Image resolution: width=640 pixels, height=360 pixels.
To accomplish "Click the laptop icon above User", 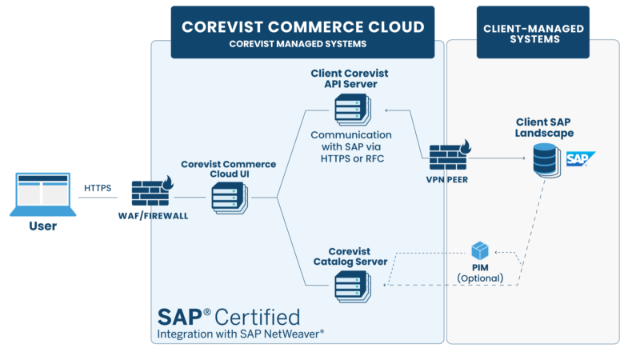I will (x=42, y=194).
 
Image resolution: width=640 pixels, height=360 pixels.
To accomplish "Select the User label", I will (x=42, y=226).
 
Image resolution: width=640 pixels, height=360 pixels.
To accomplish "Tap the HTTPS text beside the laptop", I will (x=98, y=188).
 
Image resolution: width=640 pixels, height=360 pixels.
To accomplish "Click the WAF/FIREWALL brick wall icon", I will (x=150, y=193).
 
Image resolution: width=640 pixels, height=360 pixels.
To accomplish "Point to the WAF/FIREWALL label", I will (x=153, y=216).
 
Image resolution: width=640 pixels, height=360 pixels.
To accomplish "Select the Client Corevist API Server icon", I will (x=350, y=107).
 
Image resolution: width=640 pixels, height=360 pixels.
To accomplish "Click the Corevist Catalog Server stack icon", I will (x=350, y=283).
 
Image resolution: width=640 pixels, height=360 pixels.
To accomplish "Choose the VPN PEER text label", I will (x=448, y=180).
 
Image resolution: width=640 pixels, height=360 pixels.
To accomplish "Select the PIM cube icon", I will (x=480, y=251).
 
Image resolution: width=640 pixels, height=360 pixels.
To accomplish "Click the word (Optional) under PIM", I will (x=480, y=278).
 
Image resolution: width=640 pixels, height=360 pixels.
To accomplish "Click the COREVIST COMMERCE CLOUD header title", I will (x=302, y=26).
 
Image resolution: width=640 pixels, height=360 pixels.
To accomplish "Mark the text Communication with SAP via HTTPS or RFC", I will (x=350, y=145).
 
